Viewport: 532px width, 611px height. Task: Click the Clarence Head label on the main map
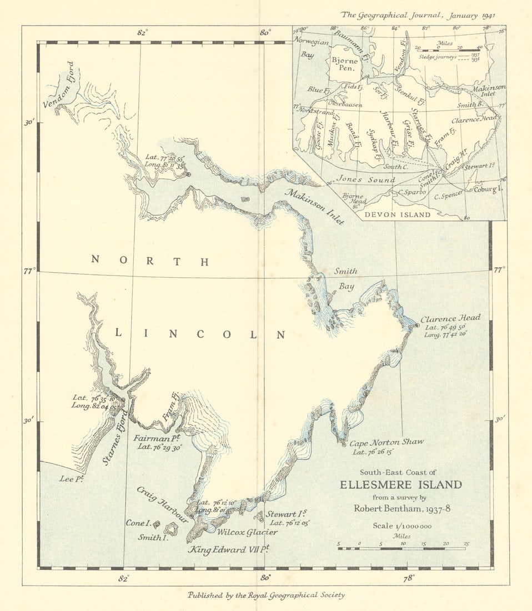point(450,319)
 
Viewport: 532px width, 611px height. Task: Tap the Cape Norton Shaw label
point(386,442)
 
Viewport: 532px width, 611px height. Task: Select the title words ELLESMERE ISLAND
point(400,484)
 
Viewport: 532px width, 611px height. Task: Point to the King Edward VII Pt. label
point(228,550)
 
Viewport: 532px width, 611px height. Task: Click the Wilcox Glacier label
point(247,532)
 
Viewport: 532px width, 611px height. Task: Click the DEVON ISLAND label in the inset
point(397,214)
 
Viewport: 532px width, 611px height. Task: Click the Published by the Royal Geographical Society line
point(266,595)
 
